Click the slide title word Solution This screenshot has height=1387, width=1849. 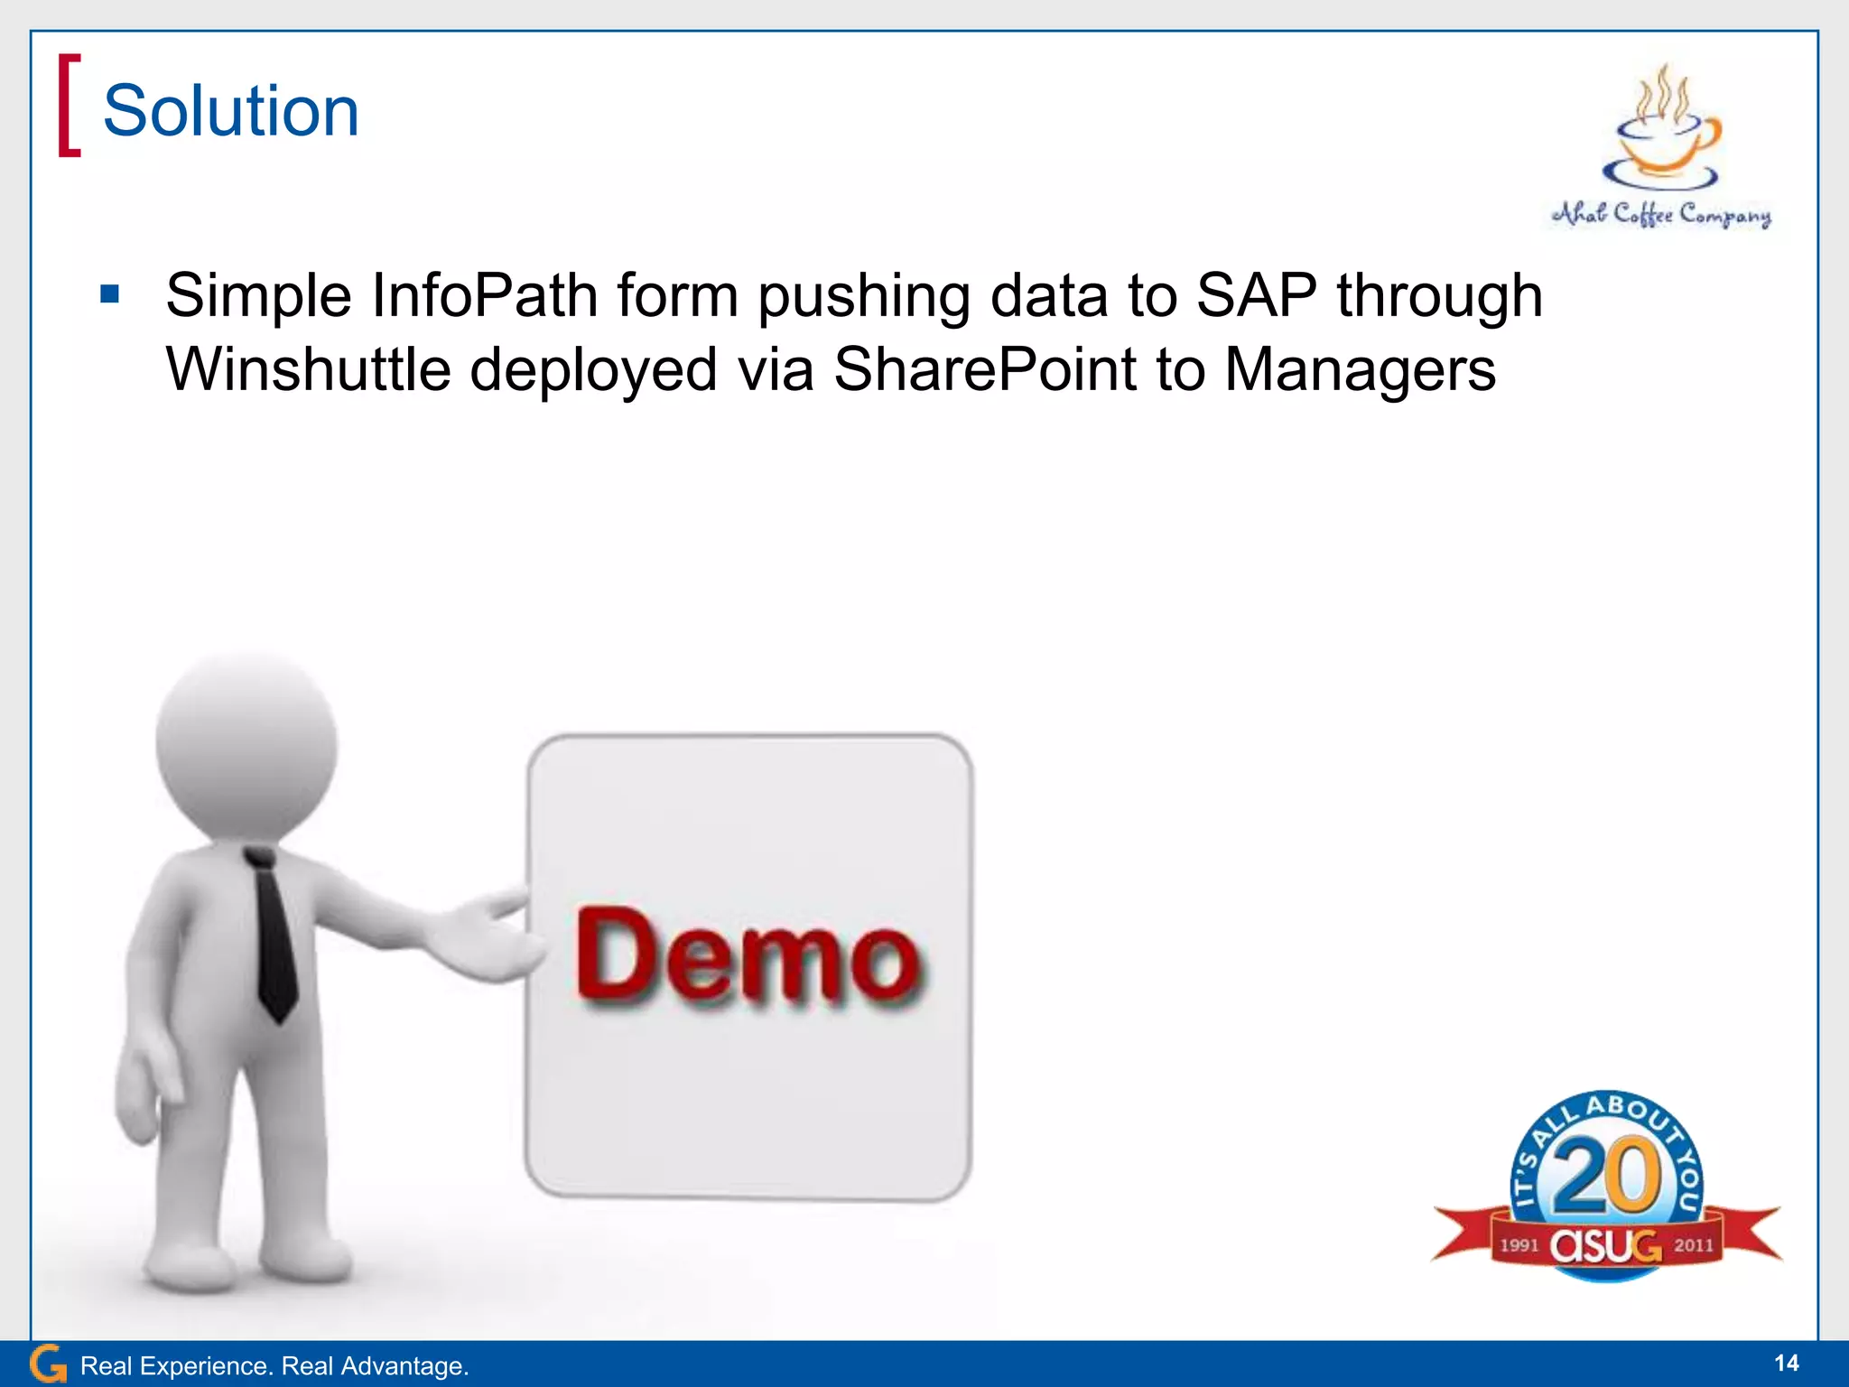[231, 111]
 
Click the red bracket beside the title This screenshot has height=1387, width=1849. [69, 106]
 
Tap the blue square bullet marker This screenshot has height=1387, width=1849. [110, 294]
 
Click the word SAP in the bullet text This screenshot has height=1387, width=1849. [1256, 296]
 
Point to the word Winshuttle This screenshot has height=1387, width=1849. [308, 370]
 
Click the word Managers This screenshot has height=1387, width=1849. [1360, 370]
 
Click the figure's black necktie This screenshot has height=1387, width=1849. [274, 939]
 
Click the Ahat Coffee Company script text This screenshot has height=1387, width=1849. [1661, 215]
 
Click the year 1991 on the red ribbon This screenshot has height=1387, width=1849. [1519, 1245]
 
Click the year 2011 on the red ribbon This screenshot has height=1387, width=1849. [1694, 1245]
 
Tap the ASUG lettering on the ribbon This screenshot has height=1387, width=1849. [1606, 1247]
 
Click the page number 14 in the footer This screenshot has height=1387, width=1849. [1786, 1363]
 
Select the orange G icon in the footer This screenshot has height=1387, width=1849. [48, 1364]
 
